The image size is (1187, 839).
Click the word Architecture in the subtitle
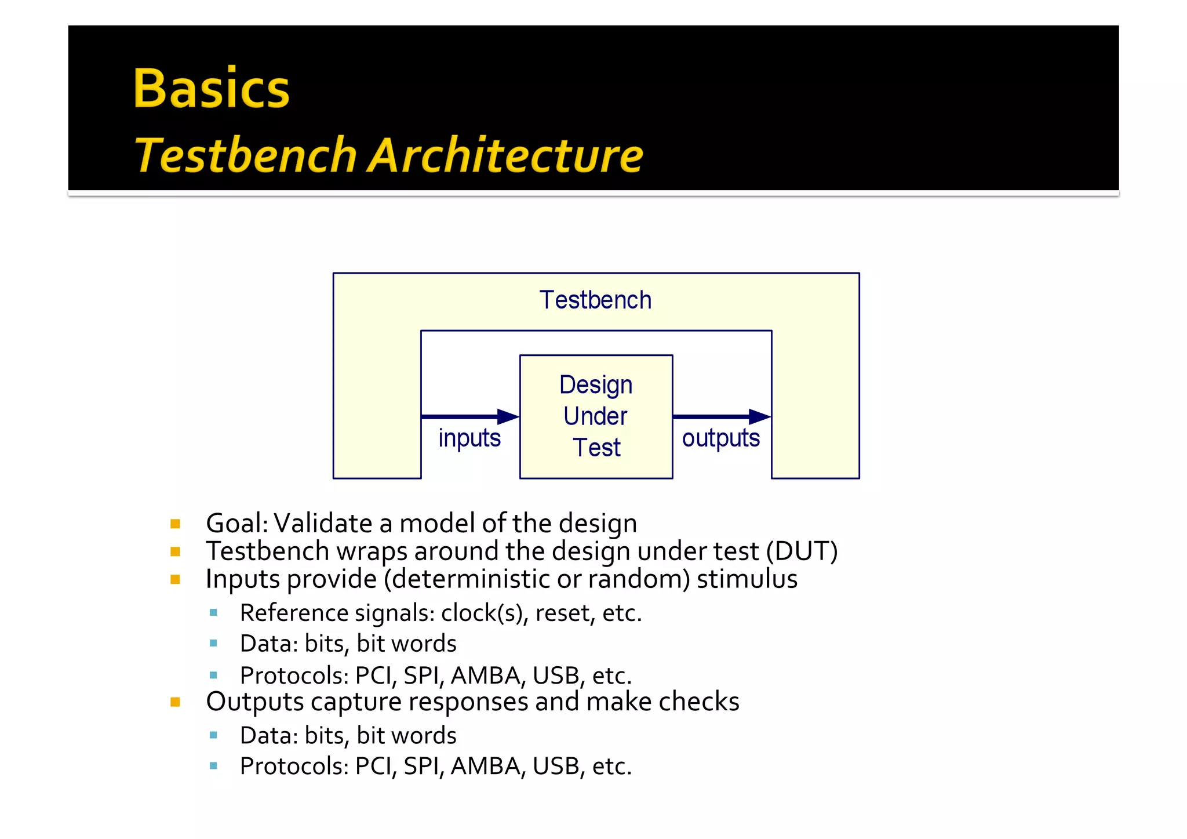(505, 155)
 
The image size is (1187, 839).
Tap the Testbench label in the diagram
(595, 300)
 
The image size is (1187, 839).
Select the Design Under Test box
(596, 416)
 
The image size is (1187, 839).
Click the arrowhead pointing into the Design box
(508, 416)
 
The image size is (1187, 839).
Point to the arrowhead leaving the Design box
(759, 416)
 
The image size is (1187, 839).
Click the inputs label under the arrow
(469, 438)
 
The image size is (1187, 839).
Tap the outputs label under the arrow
(720, 438)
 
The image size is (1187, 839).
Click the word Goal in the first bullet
(234, 524)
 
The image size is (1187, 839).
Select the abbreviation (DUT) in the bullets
(802, 551)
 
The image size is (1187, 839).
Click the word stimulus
(747, 579)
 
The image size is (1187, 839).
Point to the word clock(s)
(484, 613)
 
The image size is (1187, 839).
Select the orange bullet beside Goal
(175, 524)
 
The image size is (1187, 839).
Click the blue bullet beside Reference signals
(213, 612)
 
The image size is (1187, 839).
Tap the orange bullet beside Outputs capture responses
(175, 702)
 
